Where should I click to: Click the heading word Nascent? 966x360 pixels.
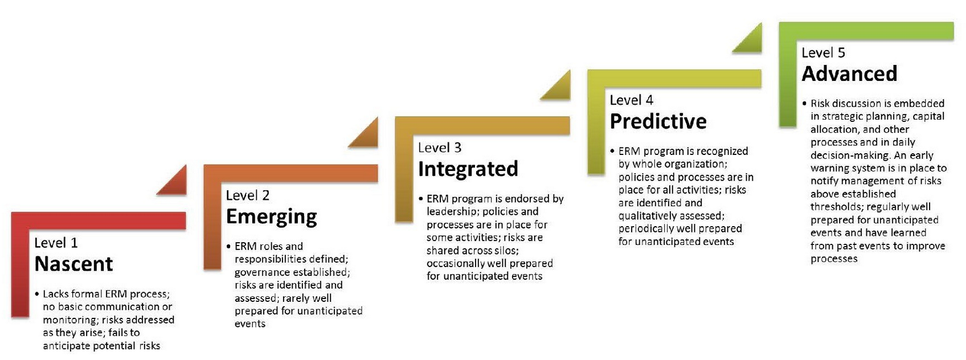[x=73, y=264]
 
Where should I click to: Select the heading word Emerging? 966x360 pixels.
[x=271, y=216]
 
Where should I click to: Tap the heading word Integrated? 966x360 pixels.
[x=468, y=169]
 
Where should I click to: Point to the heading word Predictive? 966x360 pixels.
[x=658, y=121]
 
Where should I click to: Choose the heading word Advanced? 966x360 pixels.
[x=849, y=73]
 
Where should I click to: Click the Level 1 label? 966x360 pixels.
[x=56, y=243]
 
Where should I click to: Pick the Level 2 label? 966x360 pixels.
[x=248, y=195]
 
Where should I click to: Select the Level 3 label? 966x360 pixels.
[x=440, y=148]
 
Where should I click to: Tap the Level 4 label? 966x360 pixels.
[x=632, y=100]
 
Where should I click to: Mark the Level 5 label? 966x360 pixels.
[x=823, y=52]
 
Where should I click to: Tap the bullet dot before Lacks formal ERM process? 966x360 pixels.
[x=37, y=294]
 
